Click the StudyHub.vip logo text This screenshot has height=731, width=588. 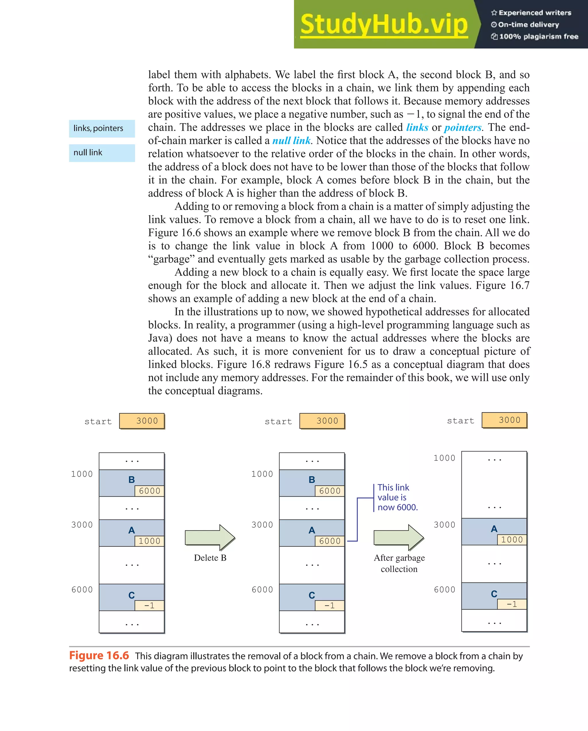pos(384,24)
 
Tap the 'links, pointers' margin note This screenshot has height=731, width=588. pos(98,128)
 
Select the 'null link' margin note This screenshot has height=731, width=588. pos(88,153)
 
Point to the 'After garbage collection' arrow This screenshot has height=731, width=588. pos(399,537)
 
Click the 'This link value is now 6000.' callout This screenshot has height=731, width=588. pos(397,497)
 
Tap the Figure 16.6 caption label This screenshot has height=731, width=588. pos(99,656)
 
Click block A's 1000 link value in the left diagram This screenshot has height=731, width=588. pos(150,541)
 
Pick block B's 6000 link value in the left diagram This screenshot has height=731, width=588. pos(150,491)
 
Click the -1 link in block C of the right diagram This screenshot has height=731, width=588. pos(512,604)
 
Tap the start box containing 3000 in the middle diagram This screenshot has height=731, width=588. pos(322,421)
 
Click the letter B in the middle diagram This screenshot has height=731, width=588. pos(312,480)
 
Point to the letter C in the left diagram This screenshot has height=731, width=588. pos(131,595)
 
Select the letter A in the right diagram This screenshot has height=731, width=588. pos(494,529)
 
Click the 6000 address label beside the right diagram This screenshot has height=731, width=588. pos(445,590)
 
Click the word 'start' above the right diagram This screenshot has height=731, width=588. pos(461,421)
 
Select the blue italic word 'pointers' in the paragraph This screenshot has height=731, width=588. pos(463,128)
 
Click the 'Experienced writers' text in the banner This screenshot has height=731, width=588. pos(534,13)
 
